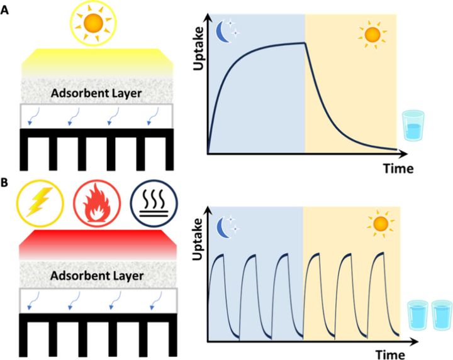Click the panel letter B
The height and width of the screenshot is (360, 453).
(6, 184)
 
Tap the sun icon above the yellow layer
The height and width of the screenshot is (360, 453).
(93, 24)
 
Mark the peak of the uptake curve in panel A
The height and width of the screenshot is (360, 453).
(305, 43)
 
